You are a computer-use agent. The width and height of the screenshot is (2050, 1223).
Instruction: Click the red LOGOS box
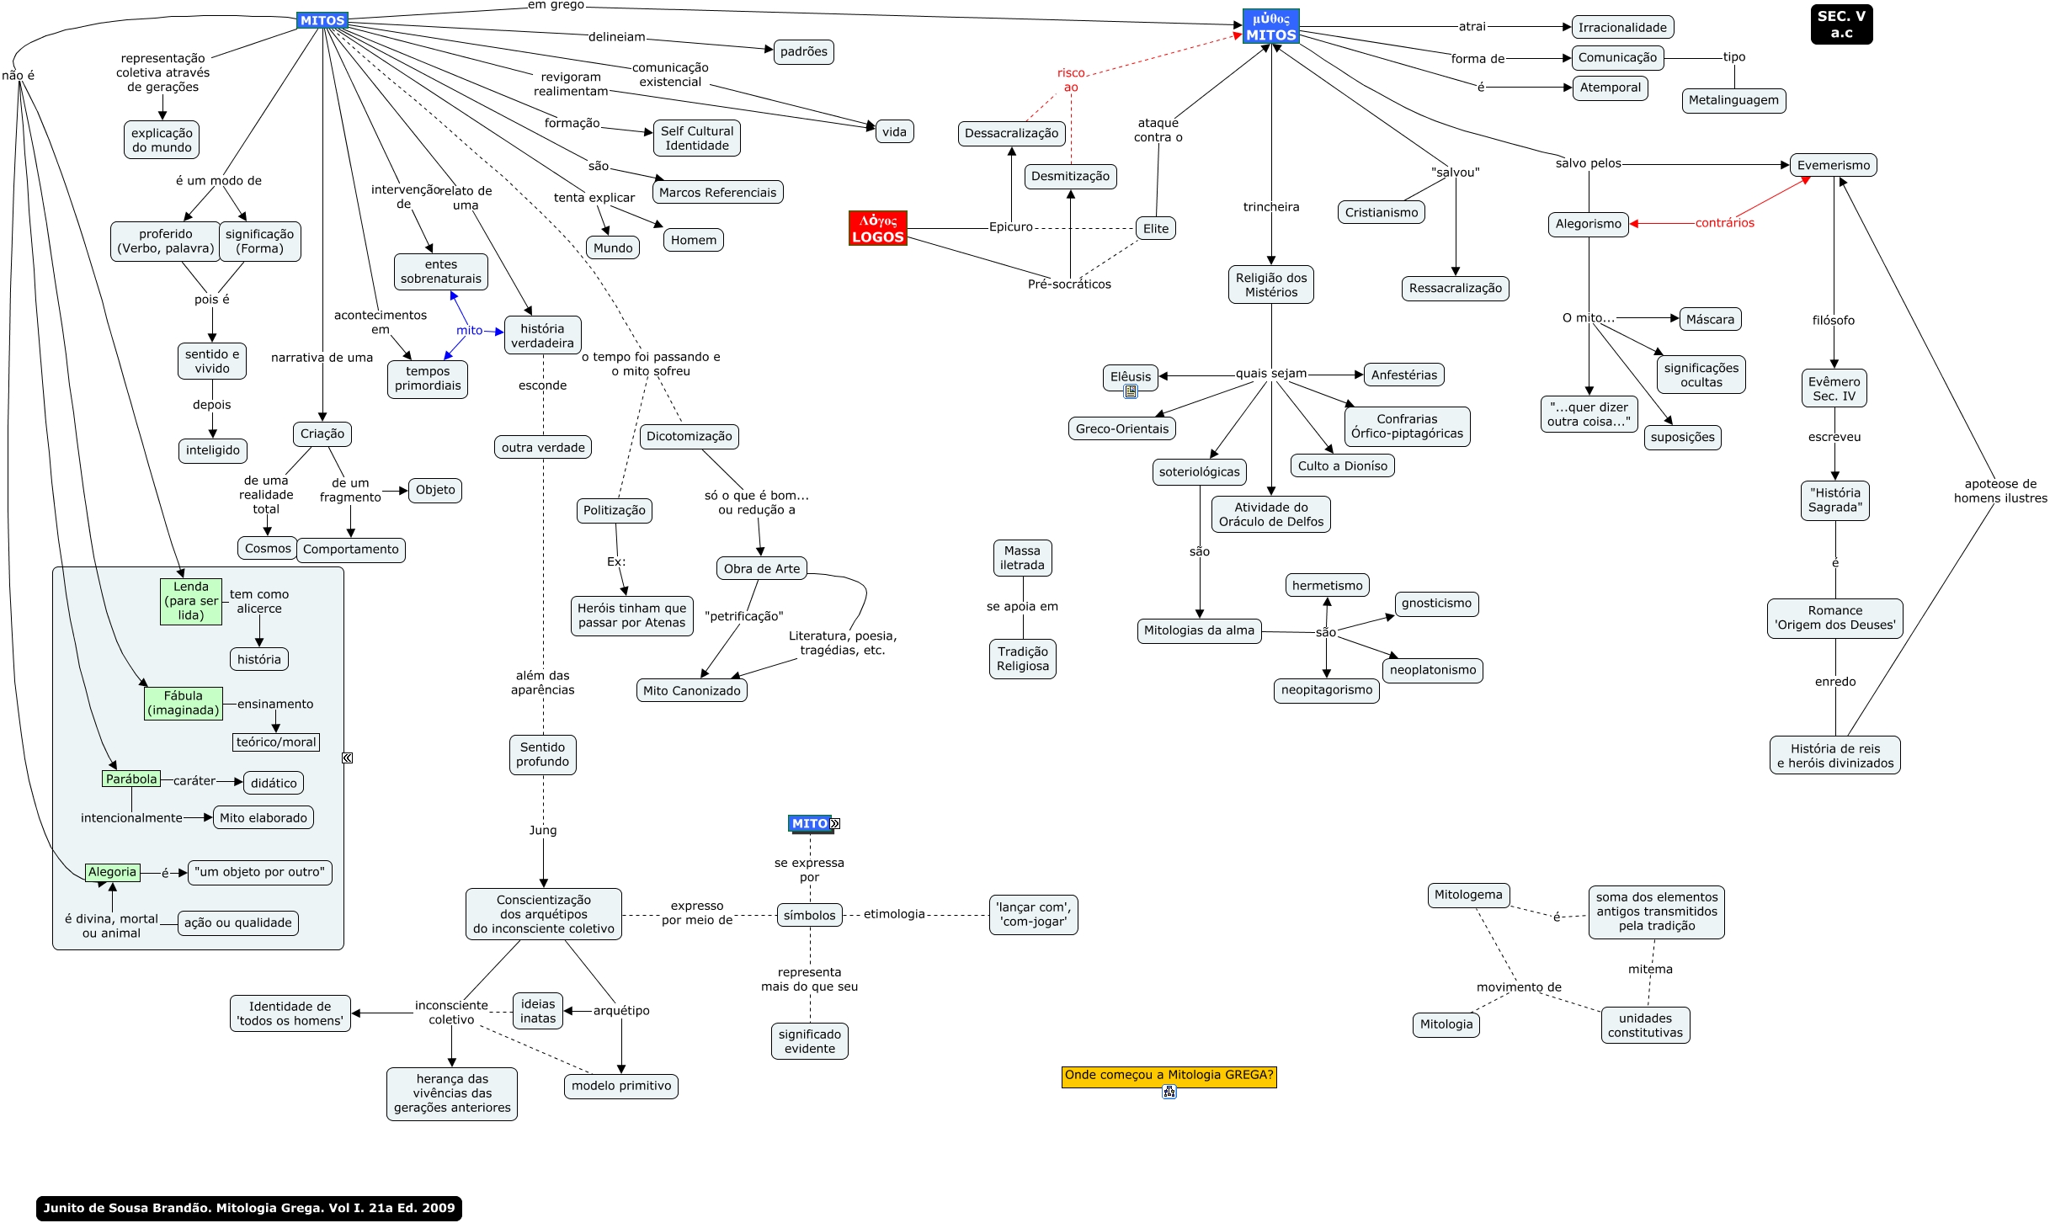point(877,228)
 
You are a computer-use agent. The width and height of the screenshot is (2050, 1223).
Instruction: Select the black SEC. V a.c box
point(1841,24)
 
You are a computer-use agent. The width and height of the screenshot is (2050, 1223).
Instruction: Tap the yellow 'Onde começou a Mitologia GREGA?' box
point(1169,1075)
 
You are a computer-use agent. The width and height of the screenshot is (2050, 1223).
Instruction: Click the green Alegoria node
point(112,872)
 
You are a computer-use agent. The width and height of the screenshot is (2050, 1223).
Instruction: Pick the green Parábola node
point(131,779)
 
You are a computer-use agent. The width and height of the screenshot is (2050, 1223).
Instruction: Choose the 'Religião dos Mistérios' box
point(1271,284)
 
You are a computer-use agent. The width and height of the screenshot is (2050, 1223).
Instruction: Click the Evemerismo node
point(1833,165)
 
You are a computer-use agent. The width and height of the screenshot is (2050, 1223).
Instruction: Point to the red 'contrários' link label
point(1724,223)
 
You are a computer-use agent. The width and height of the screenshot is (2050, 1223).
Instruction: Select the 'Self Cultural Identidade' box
point(697,138)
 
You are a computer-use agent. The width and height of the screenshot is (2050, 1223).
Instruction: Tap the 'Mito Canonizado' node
point(691,690)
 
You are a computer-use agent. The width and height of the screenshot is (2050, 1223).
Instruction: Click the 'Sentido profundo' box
point(542,754)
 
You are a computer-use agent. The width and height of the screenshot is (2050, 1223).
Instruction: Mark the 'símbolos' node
point(809,915)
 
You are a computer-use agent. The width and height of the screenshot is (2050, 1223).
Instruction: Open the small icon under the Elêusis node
point(1131,391)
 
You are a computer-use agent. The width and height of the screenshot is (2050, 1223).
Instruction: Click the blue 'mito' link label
point(470,331)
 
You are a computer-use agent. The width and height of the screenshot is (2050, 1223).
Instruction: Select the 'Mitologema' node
point(1468,895)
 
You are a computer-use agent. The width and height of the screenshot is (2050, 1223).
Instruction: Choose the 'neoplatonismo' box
point(1432,670)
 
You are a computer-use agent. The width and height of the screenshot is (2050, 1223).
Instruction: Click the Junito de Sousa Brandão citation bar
point(249,1208)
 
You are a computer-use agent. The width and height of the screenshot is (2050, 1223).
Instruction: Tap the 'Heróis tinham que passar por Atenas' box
point(631,615)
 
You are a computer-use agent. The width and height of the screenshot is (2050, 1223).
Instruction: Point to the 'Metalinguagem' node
point(1733,100)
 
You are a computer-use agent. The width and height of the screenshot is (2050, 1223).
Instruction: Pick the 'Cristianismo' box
point(1381,212)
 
